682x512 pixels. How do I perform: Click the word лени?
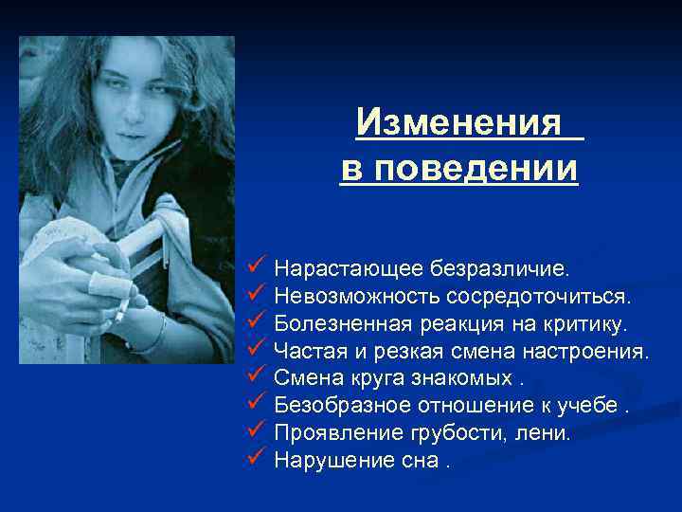pos(548,434)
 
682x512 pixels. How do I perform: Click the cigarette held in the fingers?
pos(122,309)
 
